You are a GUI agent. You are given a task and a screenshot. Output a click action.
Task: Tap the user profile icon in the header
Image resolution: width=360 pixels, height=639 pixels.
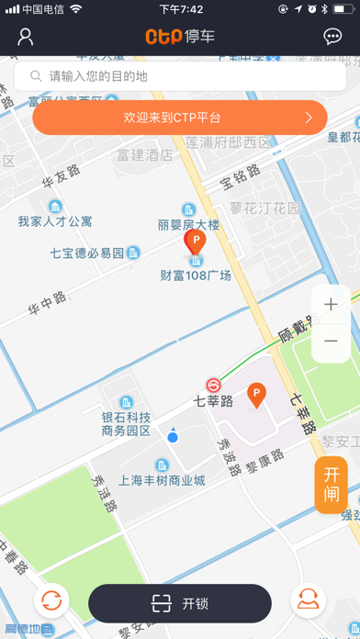click(x=25, y=37)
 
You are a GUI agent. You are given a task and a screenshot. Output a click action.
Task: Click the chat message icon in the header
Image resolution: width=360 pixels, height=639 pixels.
click(x=333, y=37)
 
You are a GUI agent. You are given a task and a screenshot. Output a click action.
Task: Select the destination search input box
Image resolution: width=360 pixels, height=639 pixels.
click(x=179, y=76)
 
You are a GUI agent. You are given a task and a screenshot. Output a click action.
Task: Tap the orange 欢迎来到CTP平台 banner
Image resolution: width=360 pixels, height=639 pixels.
click(x=180, y=118)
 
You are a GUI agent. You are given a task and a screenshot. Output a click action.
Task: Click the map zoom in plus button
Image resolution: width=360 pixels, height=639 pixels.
click(x=331, y=305)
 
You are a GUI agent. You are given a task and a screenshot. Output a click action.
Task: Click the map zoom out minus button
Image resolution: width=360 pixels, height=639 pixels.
click(x=331, y=342)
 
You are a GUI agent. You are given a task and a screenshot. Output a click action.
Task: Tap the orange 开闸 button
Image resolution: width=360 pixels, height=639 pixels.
click(x=332, y=485)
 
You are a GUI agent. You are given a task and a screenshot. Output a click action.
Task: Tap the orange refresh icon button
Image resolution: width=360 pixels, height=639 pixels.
click(x=51, y=601)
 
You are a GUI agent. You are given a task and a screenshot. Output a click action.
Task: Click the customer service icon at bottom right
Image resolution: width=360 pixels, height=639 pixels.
click(x=309, y=601)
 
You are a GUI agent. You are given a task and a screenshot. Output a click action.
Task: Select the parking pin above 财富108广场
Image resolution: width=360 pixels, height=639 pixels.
click(x=195, y=242)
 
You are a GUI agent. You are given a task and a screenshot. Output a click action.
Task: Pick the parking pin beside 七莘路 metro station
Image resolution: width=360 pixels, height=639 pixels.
click(x=257, y=396)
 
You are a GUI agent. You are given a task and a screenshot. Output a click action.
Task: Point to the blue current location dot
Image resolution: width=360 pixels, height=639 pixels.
click(x=173, y=437)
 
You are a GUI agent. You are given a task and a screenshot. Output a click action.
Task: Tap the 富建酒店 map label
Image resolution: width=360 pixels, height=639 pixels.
click(x=145, y=155)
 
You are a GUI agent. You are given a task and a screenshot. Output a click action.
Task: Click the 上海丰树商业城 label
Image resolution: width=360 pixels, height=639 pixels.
click(x=162, y=480)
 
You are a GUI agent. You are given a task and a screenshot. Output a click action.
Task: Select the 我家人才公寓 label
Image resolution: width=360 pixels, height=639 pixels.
click(x=55, y=221)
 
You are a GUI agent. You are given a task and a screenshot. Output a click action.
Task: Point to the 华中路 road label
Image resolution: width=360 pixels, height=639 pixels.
click(x=48, y=298)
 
